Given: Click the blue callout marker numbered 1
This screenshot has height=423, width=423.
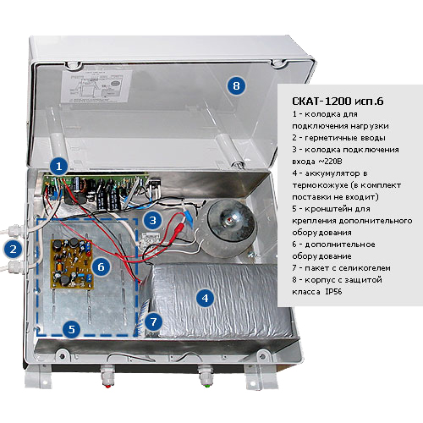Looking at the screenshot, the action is [x=58, y=166].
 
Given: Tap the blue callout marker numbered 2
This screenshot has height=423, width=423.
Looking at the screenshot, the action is [x=13, y=250].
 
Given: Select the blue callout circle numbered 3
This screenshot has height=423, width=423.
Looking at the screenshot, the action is [x=152, y=220].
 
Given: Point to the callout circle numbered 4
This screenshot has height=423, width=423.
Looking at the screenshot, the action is [x=205, y=298].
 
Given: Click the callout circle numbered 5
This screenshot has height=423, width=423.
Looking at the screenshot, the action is [x=72, y=329].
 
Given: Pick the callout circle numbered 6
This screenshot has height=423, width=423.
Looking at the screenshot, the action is [x=101, y=266].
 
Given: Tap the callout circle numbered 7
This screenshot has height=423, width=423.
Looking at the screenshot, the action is [x=153, y=321].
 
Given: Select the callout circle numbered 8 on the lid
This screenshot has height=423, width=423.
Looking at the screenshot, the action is [x=236, y=85].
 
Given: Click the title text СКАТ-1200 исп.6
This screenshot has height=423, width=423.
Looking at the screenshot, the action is [x=338, y=101].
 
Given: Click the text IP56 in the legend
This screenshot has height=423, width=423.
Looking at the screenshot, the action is [x=333, y=291].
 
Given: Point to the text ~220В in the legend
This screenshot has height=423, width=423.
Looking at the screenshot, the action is [x=330, y=162].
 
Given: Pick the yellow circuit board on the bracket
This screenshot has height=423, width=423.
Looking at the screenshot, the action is [x=72, y=264].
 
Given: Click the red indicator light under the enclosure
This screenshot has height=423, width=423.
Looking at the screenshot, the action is [x=107, y=385].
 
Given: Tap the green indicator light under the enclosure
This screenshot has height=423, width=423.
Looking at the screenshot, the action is [x=207, y=385].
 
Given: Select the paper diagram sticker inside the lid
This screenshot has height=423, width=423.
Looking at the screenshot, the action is [x=96, y=86].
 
